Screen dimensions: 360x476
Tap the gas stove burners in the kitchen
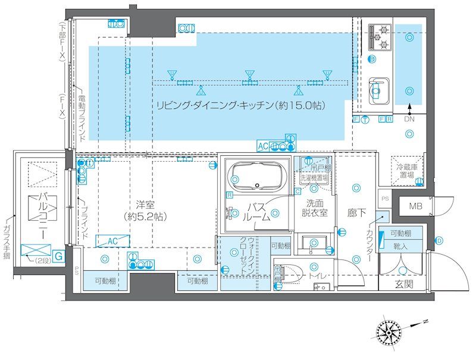pos(379,37)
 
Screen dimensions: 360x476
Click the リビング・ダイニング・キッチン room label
pos(240,106)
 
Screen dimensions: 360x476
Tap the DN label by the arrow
pos(409,120)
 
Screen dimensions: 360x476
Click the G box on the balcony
pos(59,256)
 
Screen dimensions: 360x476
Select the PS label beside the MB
pos(384,199)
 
